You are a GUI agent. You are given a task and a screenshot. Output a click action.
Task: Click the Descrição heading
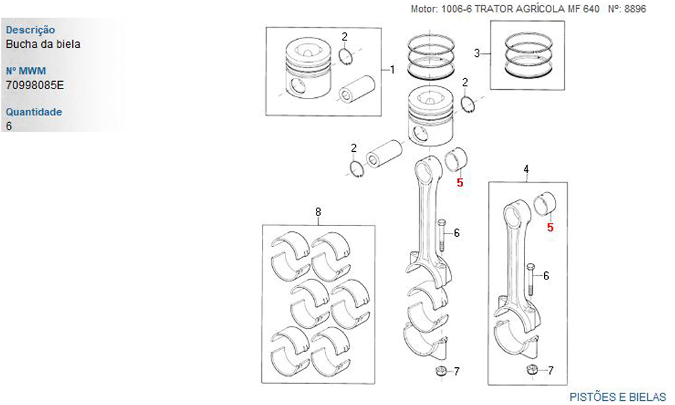pyautogui.click(x=30, y=30)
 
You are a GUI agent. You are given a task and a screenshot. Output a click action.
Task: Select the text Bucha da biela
pyautogui.click(x=43, y=45)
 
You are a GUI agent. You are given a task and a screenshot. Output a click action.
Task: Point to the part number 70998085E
pyautogui.click(x=34, y=86)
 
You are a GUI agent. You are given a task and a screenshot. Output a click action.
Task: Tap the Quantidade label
pyautogui.click(x=34, y=111)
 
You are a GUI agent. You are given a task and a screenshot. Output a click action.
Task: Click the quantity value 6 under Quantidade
pyautogui.click(x=9, y=126)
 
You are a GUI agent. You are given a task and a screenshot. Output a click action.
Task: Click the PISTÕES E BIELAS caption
pyautogui.click(x=618, y=396)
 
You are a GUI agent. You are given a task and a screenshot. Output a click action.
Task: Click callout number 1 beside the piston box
pyautogui.click(x=392, y=70)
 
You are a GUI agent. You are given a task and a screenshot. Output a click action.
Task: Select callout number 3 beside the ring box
pyautogui.click(x=477, y=53)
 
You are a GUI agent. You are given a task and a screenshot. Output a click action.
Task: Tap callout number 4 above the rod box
pyautogui.click(x=526, y=168)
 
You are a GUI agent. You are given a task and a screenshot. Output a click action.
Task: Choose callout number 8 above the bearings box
pyautogui.click(x=318, y=211)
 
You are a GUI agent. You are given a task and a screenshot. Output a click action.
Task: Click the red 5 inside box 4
pyautogui.click(x=550, y=228)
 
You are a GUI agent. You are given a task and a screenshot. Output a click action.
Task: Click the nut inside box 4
pyautogui.click(x=531, y=369)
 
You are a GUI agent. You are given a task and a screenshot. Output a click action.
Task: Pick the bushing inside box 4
pyautogui.click(x=545, y=202)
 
